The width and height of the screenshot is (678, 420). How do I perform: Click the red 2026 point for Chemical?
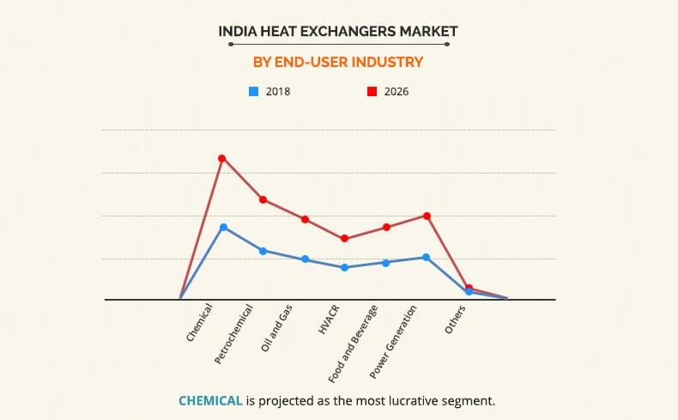pos(221,158)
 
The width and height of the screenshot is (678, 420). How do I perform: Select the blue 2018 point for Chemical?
pos(223,228)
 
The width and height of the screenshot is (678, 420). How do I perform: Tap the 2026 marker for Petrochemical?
pos(263,199)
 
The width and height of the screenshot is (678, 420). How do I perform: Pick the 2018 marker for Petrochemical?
pos(263,251)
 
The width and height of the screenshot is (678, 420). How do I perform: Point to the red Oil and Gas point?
pos(305,219)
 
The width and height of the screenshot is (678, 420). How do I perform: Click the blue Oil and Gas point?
pos(305,259)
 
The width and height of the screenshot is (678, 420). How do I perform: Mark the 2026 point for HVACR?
pos(344,239)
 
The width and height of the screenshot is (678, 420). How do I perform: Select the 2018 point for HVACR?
pos(344,267)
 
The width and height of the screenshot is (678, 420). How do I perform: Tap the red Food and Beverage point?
pos(386,227)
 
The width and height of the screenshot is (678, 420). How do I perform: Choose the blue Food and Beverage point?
pos(385,263)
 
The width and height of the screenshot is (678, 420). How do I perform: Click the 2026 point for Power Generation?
pos(427,216)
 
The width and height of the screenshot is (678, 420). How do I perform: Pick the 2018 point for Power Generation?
pos(427,257)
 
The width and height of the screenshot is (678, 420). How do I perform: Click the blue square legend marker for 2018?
pos(252,90)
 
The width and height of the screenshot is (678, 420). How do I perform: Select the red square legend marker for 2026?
pos(371,90)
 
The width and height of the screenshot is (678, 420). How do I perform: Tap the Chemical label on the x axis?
pos(200,323)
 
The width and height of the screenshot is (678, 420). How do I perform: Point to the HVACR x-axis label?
pos(328,320)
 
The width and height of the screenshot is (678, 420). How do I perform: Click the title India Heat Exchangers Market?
pos(338,32)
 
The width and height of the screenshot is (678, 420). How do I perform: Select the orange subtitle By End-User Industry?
pos(338,62)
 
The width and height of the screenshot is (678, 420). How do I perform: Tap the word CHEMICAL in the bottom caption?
pos(209,400)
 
